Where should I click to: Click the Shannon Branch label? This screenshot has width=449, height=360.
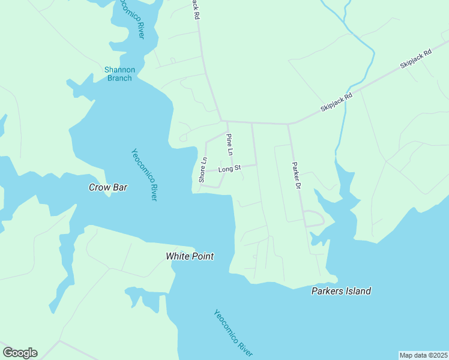(119, 74)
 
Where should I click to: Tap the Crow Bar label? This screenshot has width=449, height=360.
(108, 187)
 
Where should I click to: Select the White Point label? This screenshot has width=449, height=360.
(190, 256)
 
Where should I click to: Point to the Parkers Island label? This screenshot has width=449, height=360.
(341, 291)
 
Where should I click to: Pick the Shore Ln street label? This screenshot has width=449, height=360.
(203, 170)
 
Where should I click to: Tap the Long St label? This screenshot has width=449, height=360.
(229, 169)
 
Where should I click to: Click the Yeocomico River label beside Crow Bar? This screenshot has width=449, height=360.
(144, 175)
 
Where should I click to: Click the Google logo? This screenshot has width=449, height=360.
(20, 353)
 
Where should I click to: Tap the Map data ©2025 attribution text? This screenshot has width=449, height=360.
(423, 355)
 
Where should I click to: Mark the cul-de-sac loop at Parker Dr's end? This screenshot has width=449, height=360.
(314, 219)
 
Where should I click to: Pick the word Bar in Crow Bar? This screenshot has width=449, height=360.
(120, 187)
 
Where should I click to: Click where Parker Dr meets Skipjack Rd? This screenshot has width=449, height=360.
(289, 124)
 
